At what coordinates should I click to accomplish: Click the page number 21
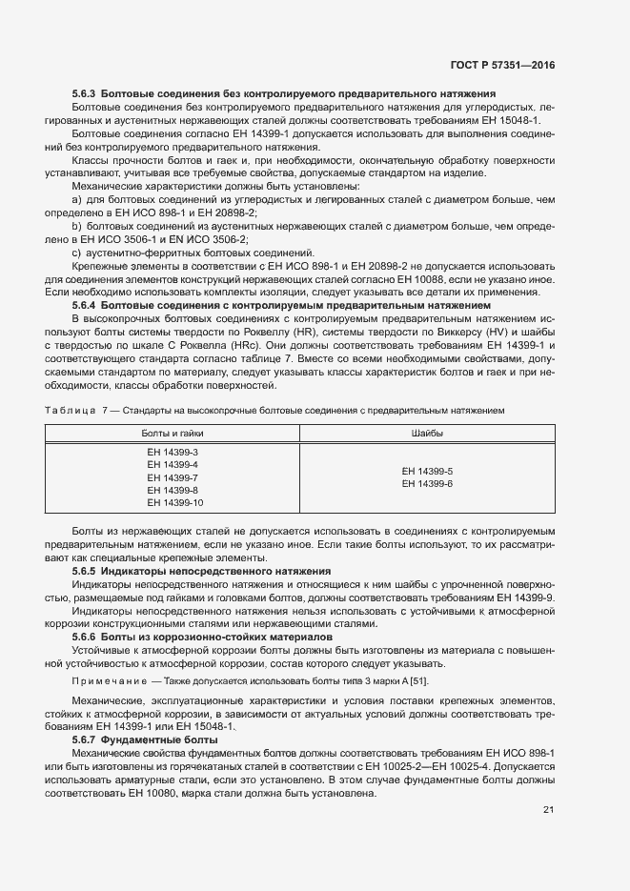548,784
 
